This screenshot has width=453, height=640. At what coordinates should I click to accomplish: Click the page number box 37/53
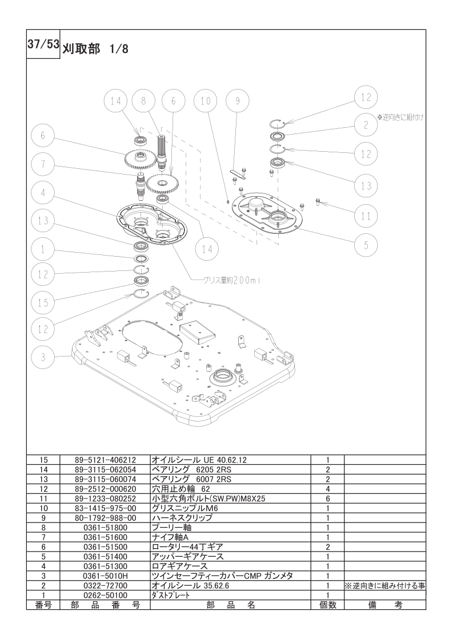pyautogui.click(x=43, y=44)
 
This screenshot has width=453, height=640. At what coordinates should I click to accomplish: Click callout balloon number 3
pyautogui.click(x=43, y=358)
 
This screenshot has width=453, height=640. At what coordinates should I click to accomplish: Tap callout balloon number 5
pyautogui.click(x=366, y=245)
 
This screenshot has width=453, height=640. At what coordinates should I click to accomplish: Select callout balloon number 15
pyautogui.click(x=43, y=302)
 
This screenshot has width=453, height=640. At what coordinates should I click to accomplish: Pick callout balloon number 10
pyautogui.click(x=206, y=100)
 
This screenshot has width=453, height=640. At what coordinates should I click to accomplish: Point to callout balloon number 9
pyautogui.click(x=238, y=100)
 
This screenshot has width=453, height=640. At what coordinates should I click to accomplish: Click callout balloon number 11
pyautogui.click(x=366, y=216)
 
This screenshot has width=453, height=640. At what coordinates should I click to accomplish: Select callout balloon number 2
pyautogui.click(x=366, y=125)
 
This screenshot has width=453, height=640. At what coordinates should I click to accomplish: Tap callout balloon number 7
pyautogui.click(x=43, y=165)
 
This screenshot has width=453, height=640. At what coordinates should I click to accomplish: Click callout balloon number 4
pyautogui.click(x=43, y=193)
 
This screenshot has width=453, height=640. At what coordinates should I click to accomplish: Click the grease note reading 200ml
pyautogui.click(x=232, y=281)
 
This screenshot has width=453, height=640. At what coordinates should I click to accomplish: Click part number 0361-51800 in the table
pyautogui.click(x=105, y=528)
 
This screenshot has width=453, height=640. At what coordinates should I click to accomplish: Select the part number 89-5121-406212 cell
pyautogui.click(x=105, y=460)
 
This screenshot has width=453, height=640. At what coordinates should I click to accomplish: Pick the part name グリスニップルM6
pyautogui.click(x=180, y=508)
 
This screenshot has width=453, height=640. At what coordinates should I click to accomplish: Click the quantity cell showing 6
pyautogui.click(x=327, y=499)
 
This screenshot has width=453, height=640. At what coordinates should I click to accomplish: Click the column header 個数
pyautogui.click(x=327, y=605)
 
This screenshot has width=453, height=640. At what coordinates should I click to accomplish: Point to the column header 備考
pyautogui.click(x=384, y=605)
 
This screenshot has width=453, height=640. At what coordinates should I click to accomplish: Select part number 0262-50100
pyautogui.click(x=105, y=595)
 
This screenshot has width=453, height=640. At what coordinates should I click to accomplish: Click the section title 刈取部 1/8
pyautogui.click(x=95, y=49)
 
